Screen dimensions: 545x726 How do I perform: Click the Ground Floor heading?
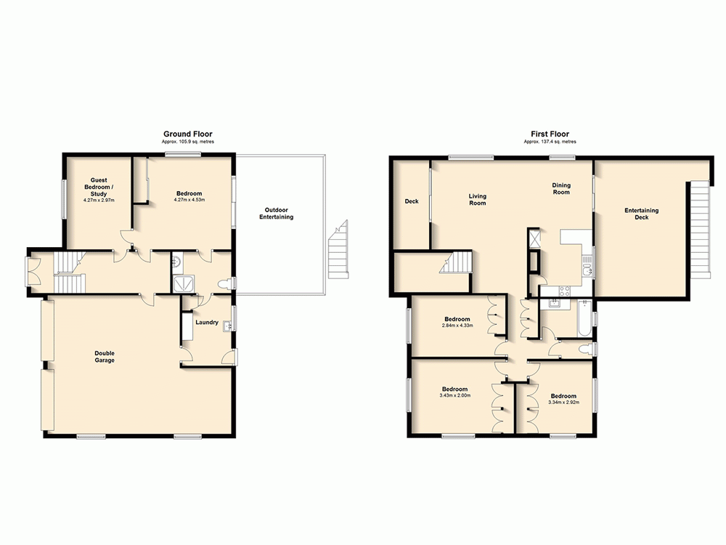click(x=187, y=134)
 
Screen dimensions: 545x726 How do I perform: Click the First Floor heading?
click(x=550, y=134)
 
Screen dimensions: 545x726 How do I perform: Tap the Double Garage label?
click(x=105, y=357)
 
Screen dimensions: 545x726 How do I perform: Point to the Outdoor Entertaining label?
click(x=277, y=213)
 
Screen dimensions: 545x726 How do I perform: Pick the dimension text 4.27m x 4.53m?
click(x=190, y=200)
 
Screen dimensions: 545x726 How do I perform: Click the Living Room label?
click(x=477, y=199)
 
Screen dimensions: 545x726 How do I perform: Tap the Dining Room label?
click(x=560, y=189)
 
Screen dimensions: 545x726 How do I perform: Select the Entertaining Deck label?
click(x=641, y=214)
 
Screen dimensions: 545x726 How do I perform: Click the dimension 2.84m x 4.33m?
click(x=457, y=326)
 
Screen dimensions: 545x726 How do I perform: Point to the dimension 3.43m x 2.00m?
click(x=455, y=396)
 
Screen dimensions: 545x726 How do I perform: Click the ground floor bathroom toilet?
click(x=224, y=284)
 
